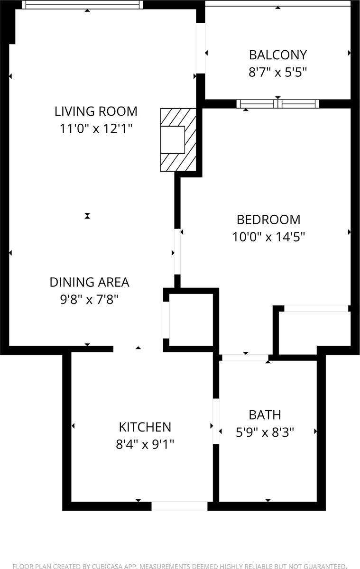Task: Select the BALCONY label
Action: pyautogui.click(x=278, y=55)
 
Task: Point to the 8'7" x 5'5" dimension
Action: pyautogui.click(x=278, y=72)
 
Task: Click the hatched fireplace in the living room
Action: pyautogui.click(x=178, y=139)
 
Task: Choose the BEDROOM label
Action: pyautogui.click(x=268, y=220)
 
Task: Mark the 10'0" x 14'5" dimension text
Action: pyautogui.click(x=268, y=237)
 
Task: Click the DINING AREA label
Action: pyautogui.click(x=90, y=282)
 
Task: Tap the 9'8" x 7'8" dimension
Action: pyautogui.click(x=90, y=299)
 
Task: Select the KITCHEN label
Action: pyautogui.click(x=145, y=427)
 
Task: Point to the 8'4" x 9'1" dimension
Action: pyautogui.click(x=145, y=444)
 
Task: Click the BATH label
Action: pyautogui.click(x=265, y=415)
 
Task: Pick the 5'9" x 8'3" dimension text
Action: pyautogui.click(x=265, y=432)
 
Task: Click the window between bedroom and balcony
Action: pyautogui.click(x=278, y=104)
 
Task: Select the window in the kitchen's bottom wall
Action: pyautogui.click(x=179, y=506)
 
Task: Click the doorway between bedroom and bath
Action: pyautogui.click(x=245, y=357)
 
